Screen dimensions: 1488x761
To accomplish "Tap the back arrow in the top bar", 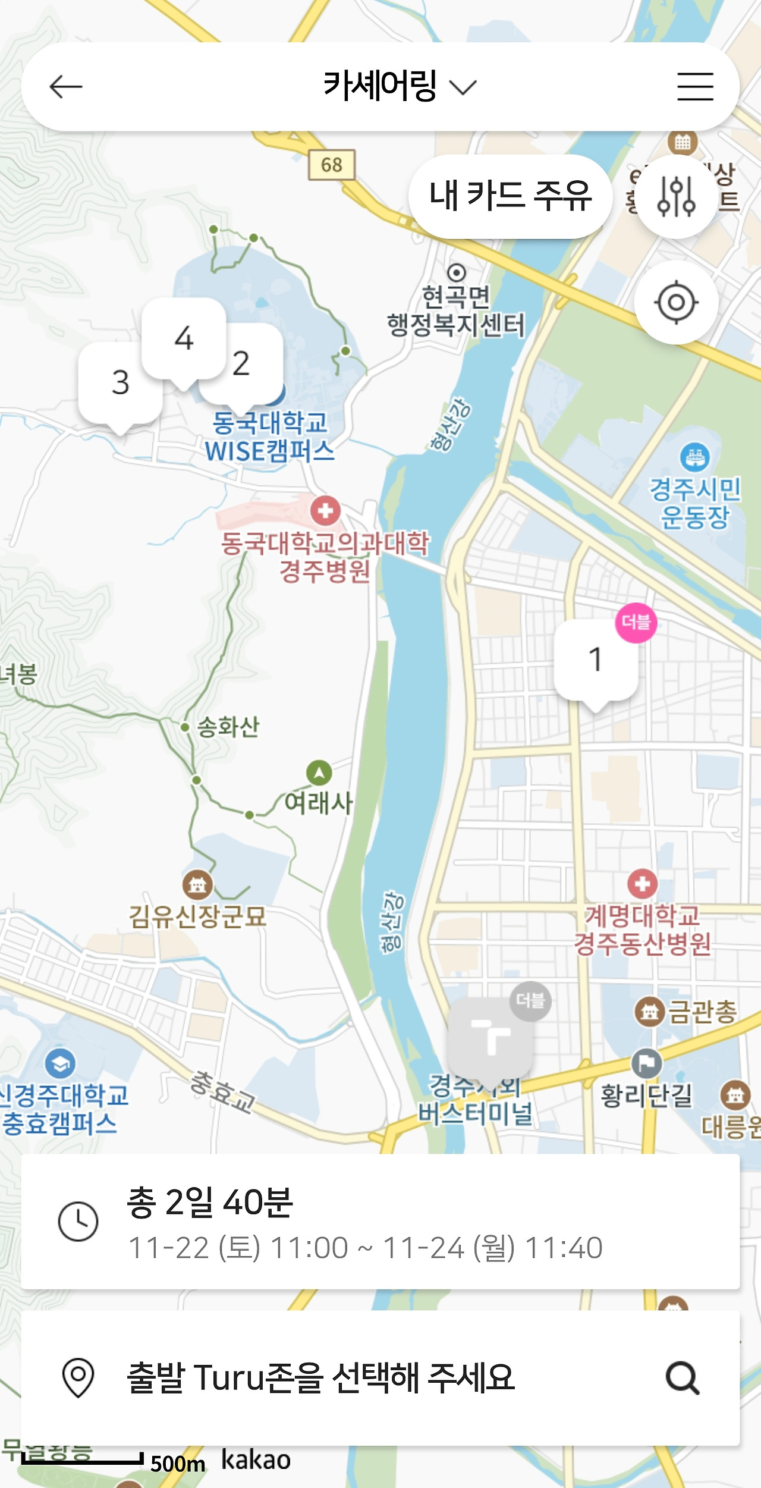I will coord(65,87).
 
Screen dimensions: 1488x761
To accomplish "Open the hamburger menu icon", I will coord(695,87).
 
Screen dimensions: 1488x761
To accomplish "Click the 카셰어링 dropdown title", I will coord(399,87).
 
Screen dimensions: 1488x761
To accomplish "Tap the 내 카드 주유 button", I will coord(510,196).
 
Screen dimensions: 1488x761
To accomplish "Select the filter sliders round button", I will coord(676,196).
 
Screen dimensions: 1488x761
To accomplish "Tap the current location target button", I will coord(676,302).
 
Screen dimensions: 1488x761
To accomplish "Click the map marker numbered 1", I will coord(595,660).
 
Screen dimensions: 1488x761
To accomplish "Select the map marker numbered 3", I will coord(120,382).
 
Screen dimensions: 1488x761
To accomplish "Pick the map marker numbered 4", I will coord(184,338).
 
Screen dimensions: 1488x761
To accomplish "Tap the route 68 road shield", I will coord(331,165).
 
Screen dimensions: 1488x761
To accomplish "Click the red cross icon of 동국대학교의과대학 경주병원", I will coord(325,510).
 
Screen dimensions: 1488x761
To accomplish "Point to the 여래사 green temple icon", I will coord(319,773).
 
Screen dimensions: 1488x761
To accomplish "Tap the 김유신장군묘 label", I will coord(197,916).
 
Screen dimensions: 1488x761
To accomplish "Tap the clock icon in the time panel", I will coord(78,1221).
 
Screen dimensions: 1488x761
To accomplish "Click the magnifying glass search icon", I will coord(682,1378).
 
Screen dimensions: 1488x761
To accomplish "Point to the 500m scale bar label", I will coord(177,1464).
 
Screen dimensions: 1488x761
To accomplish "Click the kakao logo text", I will coord(256,1460).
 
